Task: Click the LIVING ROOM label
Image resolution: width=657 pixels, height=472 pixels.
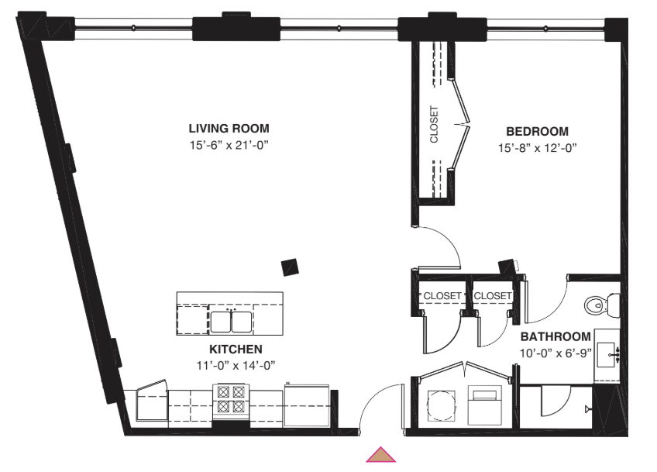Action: point(229,129)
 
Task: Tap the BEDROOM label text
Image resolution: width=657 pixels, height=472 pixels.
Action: point(537,132)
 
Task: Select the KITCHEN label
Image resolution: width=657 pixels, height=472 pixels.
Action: point(236,350)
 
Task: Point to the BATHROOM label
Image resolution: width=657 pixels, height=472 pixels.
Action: point(556,336)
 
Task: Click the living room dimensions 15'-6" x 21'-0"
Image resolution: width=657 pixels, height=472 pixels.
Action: point(229,146)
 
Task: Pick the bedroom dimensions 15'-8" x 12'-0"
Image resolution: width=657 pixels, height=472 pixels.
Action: point(537,148)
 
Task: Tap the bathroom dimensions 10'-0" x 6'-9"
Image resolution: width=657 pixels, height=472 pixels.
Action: point(556,353)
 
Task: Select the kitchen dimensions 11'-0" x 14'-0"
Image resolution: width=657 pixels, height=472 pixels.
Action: point(236,366)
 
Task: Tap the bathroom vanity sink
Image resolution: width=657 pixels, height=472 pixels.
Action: point(607,355)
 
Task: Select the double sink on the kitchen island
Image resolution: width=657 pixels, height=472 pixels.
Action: point(231,322)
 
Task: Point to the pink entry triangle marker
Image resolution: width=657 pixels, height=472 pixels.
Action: point(381,455)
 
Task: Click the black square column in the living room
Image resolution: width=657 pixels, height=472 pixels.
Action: point(290,267)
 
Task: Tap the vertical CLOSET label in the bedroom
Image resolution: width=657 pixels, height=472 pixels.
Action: point(434,124)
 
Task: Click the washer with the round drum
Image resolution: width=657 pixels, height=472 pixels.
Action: point(441,406)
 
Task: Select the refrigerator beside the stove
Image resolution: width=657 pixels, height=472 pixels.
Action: point(306,405)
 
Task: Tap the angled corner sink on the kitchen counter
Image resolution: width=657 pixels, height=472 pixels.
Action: point(152,401)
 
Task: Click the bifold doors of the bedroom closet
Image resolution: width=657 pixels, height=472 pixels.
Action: point(459,124)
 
